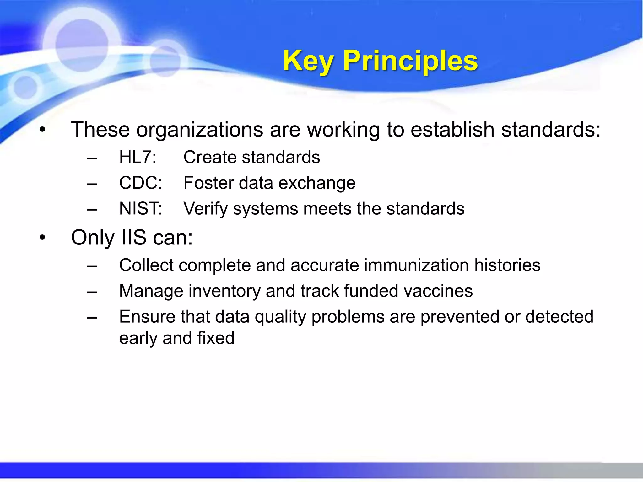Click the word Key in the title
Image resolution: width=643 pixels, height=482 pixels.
coord(308,61)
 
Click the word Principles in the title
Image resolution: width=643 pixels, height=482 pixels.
coord(410,61)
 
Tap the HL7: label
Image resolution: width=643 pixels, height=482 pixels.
coord(138,157)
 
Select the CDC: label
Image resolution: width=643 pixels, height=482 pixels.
coord(140,183)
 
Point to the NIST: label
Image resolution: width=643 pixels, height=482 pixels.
coord(140,209)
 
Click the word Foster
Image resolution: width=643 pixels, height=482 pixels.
coord(208,183)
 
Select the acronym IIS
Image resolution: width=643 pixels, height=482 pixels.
coord(133,238)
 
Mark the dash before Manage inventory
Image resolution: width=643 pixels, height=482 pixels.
coord(92,292)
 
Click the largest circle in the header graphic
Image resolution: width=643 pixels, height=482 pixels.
coord(82,46)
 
